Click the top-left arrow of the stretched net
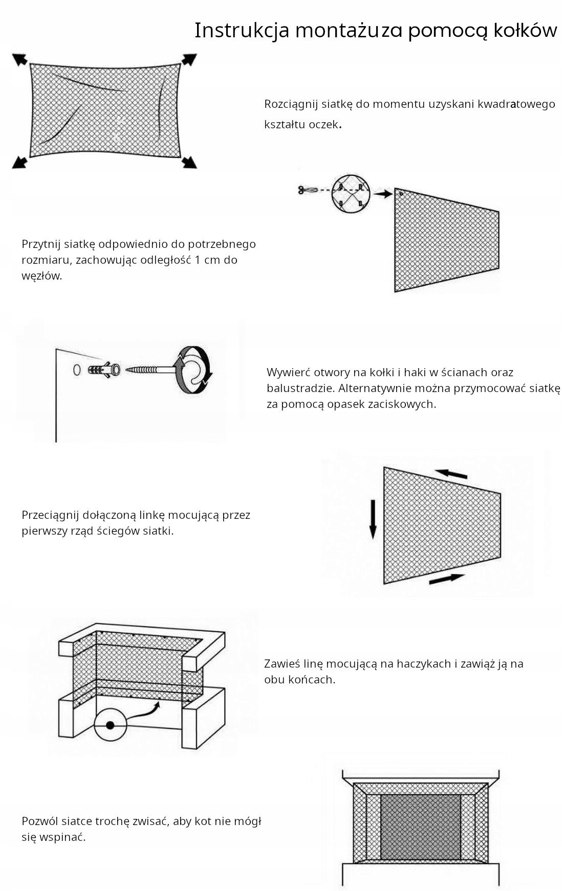[20, 60]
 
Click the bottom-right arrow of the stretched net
[189, 162]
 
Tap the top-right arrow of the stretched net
[189, 59]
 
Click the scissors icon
[305, 190]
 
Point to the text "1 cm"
[208, 260]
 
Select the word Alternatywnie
[374, 388]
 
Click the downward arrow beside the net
[373, 519]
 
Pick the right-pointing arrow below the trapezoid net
[446, 579]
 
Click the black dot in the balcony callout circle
[110, 725]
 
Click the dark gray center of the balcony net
[420, 827]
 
